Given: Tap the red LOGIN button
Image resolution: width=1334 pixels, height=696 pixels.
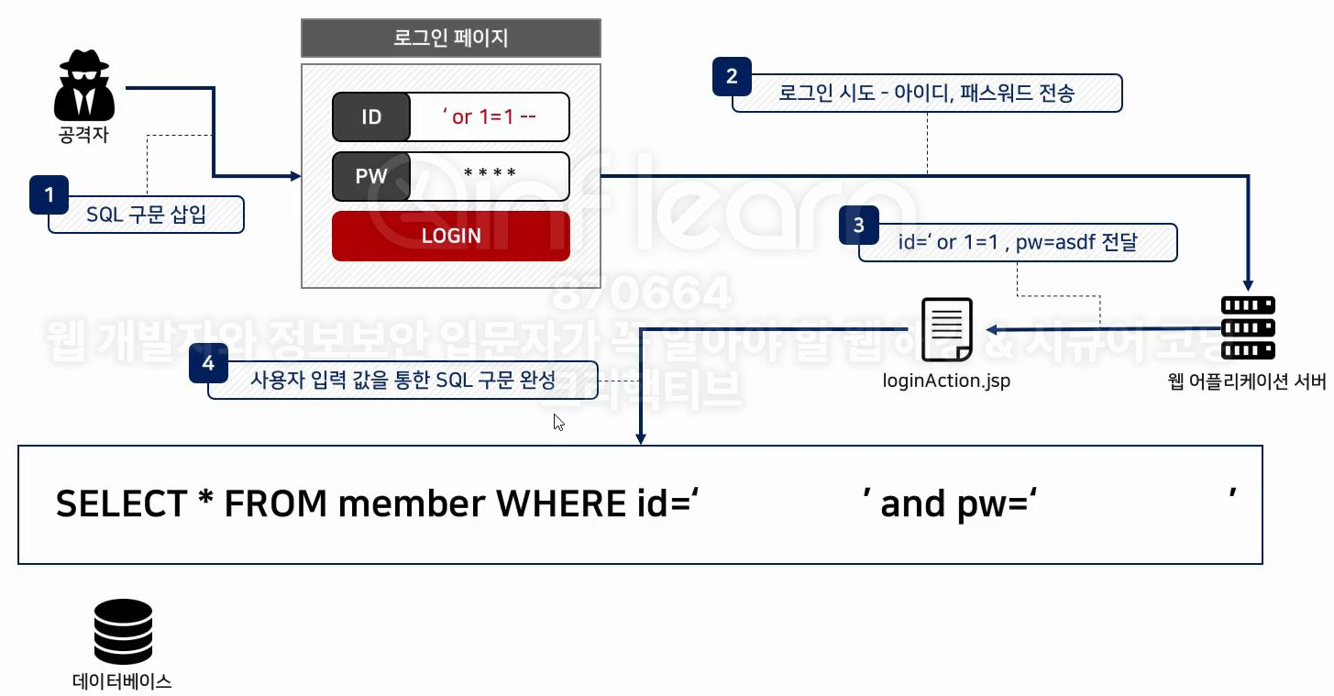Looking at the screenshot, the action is point(450,236).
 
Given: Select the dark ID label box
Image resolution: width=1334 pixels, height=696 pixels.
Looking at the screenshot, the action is point(371,116).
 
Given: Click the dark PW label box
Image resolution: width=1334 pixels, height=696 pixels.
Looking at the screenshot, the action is point(371,176).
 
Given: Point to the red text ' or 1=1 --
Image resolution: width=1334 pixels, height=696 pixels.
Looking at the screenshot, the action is point(490,116).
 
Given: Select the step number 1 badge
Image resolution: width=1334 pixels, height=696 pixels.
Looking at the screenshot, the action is point(49,194).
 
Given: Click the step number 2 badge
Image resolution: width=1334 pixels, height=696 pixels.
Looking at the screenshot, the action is point(732,77).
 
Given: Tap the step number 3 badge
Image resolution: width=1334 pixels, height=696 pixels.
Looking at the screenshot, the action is point(858,226).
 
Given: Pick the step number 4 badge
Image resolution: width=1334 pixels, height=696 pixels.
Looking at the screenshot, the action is point(208,363).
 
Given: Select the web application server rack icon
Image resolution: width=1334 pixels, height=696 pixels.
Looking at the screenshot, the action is point(1248,328).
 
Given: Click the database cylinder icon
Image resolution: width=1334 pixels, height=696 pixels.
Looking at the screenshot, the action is point(123,632).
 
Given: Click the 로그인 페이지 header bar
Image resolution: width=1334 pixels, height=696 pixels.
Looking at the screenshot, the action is point(450,39).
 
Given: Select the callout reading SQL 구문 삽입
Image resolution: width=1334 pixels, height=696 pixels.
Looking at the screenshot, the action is point(147,215).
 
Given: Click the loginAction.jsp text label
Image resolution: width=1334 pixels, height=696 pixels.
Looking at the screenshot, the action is point(947,380).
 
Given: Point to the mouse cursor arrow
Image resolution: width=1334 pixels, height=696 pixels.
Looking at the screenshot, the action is point(557,422).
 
